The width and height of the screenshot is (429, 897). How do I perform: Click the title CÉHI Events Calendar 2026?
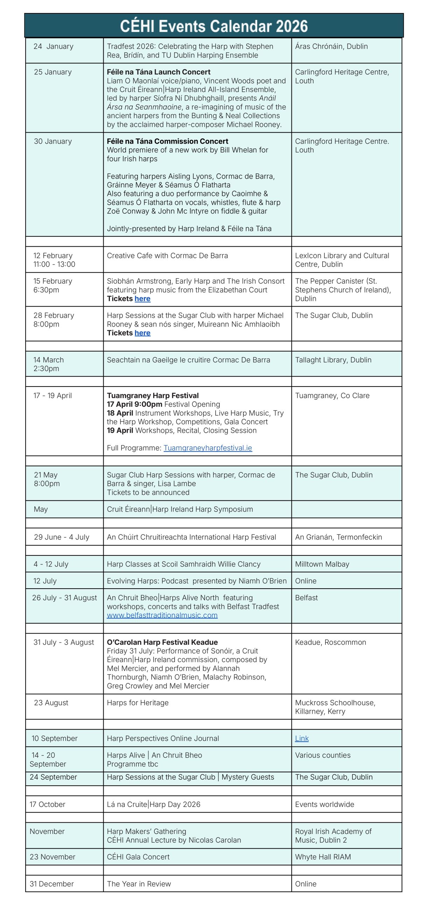point(214,26)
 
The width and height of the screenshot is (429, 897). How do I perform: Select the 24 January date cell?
point(54,46)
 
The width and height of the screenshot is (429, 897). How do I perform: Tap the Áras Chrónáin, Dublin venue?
point(331,46)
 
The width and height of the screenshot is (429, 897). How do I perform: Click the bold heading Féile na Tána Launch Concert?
point(159,72)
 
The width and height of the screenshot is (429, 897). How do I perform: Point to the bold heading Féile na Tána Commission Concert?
point(168,141)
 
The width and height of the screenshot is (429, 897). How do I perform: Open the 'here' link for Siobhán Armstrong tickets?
point(142,299)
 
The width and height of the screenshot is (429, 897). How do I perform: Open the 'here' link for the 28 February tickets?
point(142,333)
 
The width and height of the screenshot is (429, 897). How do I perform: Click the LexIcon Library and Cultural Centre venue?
point(342,260)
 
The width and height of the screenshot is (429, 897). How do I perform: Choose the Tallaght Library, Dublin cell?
point(333,360)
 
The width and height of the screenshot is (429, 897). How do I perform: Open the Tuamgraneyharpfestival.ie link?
point(208,448)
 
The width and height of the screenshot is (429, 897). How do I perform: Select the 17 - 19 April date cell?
point(53,396)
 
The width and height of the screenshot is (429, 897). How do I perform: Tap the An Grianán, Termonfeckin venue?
point(338,537)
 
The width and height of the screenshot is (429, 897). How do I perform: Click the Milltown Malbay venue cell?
point(322,564)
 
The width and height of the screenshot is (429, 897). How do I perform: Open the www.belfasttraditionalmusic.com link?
point(162,615)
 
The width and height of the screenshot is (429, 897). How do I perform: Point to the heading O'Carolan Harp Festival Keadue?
point(162,642)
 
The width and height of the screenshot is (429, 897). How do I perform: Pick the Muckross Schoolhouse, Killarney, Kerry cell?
point(335,707)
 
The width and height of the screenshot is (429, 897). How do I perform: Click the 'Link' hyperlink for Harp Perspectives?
point(302,739)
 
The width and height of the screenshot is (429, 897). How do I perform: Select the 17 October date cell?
point(48,804)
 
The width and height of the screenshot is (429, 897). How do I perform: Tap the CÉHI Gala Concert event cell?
point(138,857)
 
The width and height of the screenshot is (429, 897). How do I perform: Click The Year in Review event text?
point(139,884)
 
